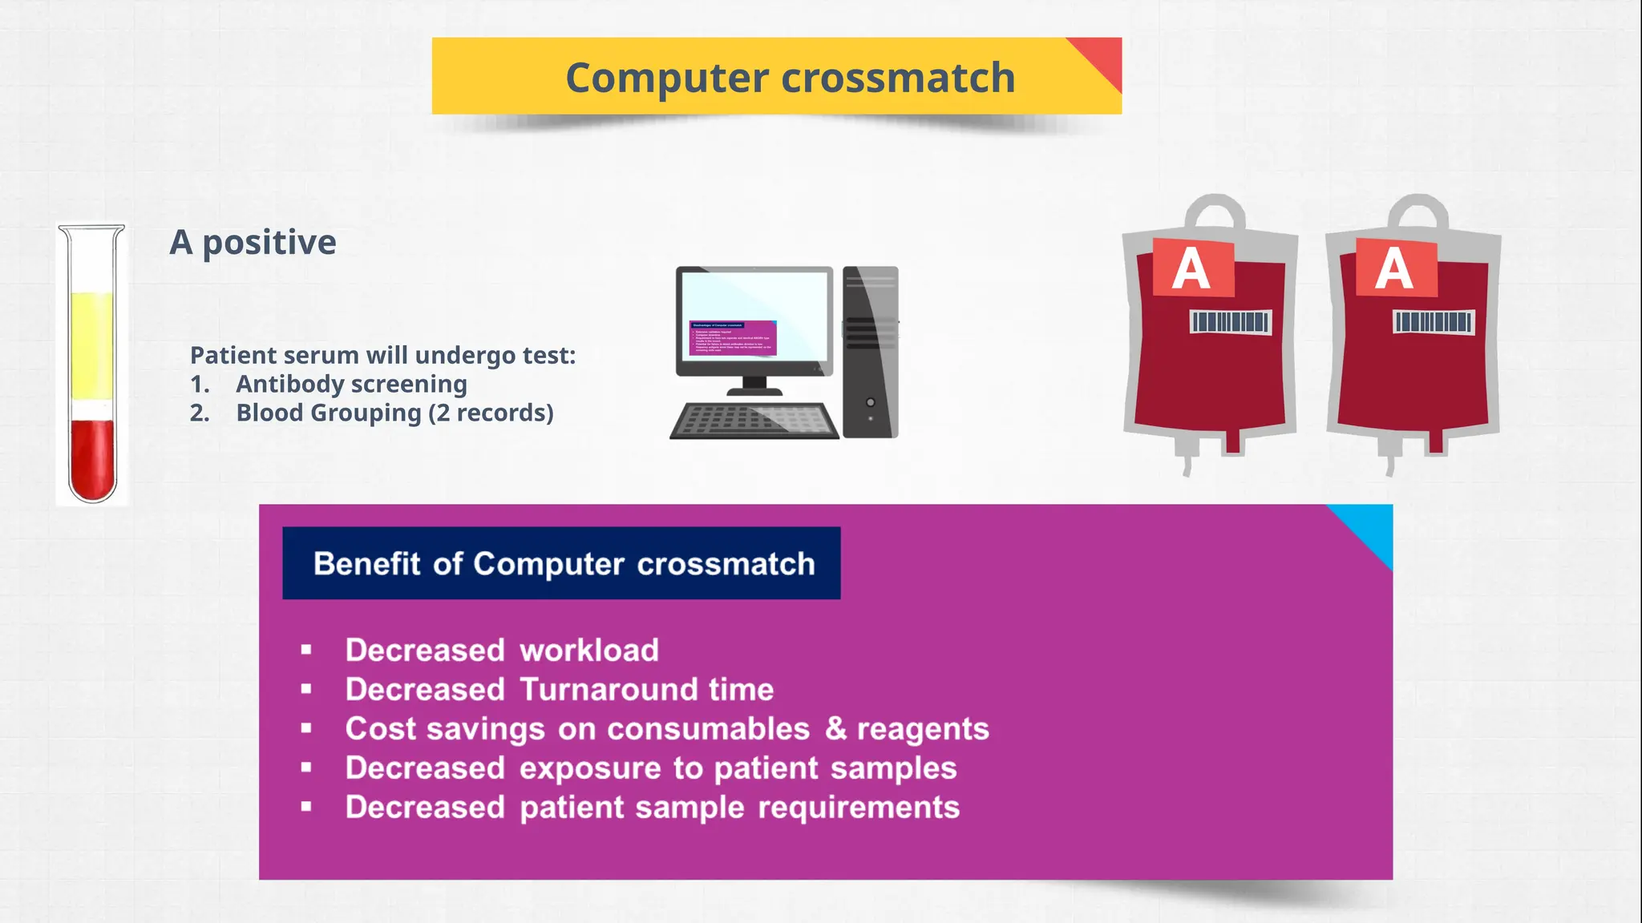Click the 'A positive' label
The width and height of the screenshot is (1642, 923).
point(253,242)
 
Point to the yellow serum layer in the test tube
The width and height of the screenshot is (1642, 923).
point(92,345)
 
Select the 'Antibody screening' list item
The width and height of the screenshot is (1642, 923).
point(351,384)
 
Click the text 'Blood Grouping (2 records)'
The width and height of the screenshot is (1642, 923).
point(394,413)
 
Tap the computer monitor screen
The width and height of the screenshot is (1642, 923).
point(754,316)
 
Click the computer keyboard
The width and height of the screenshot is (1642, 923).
point(754,420)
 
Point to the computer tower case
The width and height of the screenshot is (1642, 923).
point(871,353)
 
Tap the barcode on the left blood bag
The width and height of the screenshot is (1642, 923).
point(1230,322)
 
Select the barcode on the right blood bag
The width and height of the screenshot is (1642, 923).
point(1434,322)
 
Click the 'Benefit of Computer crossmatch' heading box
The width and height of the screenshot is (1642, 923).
point(561,563)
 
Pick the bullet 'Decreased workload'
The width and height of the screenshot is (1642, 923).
point(502,650)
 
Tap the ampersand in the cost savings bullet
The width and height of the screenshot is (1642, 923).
point(835,728)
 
